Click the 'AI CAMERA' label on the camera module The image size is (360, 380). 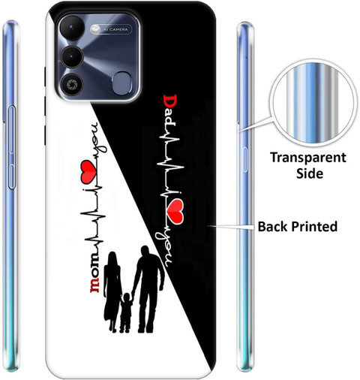click(115, 29)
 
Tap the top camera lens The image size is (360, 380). click(72, 27)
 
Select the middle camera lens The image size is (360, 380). click(72, 56)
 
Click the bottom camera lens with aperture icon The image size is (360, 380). click(72, 85)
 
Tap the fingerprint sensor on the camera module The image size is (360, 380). click(122, 83)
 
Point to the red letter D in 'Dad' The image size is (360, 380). click(170, 101)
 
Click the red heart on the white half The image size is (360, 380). click(88, 171)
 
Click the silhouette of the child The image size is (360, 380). click(126, 312)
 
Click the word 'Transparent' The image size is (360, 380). click(308, 158)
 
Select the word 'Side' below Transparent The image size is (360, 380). click(310, 173)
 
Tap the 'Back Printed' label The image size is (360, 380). click(298, 226)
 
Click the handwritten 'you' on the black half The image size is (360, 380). click(163, 249)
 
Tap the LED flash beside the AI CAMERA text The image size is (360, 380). click(95, 29)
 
